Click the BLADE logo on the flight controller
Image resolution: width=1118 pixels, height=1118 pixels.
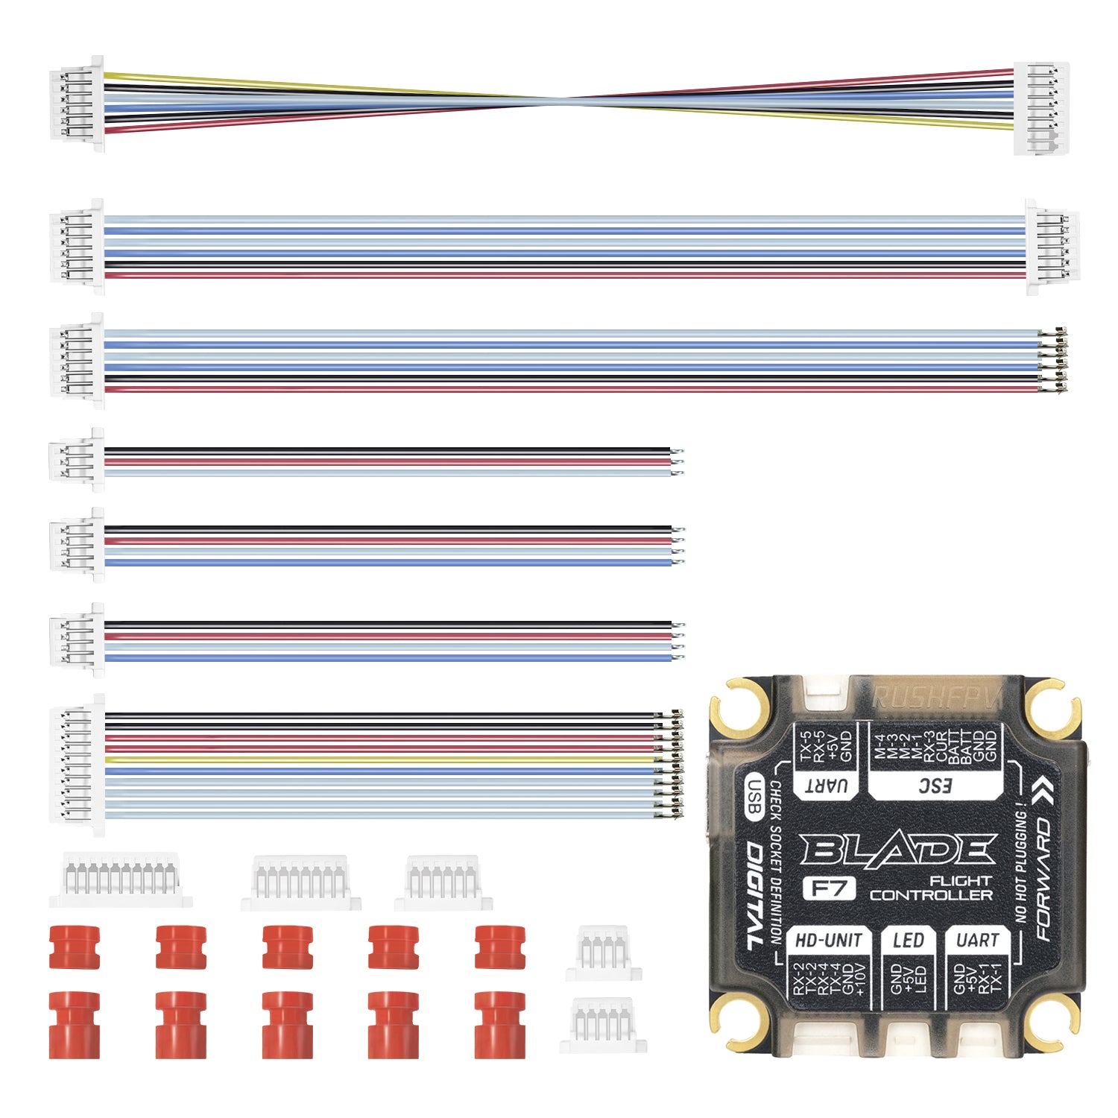click(x=898, y=850)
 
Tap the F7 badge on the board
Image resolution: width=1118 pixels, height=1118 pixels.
click(x=828, y=888)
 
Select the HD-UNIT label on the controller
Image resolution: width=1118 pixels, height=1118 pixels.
click(x=828, y=941)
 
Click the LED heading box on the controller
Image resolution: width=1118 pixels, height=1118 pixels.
click(x=908, y=941)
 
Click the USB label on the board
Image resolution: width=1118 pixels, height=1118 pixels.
click(x=754, y=796)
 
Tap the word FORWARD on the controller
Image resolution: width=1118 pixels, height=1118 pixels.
click(x=1043, y=879)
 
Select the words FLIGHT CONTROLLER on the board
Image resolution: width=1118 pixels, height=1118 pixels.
click(x=932, y=888)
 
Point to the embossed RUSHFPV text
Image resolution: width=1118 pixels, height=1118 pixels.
click(x=935, y=698)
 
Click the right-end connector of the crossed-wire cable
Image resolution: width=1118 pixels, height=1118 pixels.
click(x=1041, y=108)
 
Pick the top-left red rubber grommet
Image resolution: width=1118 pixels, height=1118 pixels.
click(x=74, y=947)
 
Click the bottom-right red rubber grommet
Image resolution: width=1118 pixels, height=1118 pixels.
click(x=499, y=1024)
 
